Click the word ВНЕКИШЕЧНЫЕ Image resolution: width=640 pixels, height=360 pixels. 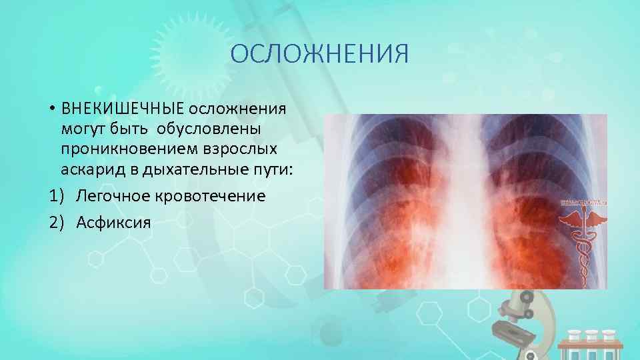(x=123, y=109)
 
